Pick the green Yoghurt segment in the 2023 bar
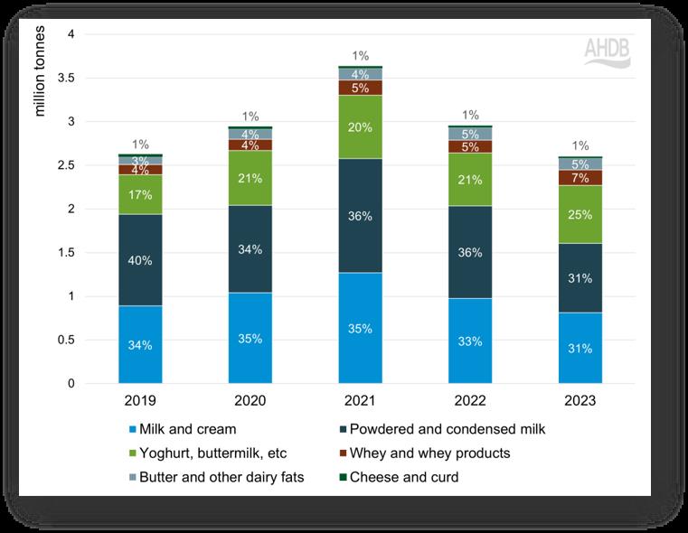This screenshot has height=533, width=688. [x=580, y=214]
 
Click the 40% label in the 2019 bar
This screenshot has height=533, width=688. [x=140, y=260]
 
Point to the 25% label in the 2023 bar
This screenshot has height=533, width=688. [x=580, y=214]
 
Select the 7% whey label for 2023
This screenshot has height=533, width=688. [x=580, y=178]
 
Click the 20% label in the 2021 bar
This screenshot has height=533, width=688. [x=360, y=127]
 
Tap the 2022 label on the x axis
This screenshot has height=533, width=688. [x=470, y=400]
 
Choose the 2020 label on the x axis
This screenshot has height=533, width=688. [x=250, y=400]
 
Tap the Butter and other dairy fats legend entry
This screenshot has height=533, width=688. [x=218, y=476]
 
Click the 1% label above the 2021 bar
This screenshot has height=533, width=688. [x=360, y=56]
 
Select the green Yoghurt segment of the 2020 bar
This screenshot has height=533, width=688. [x=250, y=178]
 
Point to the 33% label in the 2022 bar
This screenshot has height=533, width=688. [x=470, y=341]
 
